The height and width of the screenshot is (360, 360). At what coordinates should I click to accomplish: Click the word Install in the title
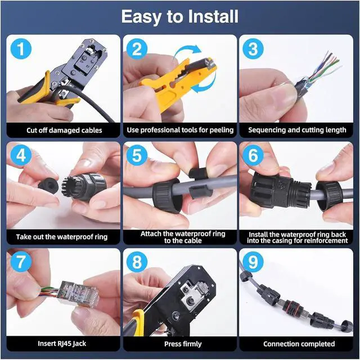coord(213,16)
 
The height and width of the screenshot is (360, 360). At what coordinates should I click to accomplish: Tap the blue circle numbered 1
coord(21,49)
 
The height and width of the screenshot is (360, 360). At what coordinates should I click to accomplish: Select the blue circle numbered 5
coord(137,155)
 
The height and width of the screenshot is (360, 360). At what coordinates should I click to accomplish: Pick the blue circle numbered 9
coord(253,262)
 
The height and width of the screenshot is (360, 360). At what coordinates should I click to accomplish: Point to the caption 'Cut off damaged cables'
coord(64,130)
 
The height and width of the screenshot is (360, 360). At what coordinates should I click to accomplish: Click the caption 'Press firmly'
coord(183,344)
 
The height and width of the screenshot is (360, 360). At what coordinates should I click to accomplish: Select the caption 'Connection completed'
coord(299,344)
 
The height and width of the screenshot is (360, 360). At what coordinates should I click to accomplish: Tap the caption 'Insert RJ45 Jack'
coord(62,344)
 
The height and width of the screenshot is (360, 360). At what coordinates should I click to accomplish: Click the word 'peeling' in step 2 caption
coord(221,130)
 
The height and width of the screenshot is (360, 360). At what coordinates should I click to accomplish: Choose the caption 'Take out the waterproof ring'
coord(62,237)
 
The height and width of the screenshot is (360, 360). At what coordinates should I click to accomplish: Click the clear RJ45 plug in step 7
coord(78,294)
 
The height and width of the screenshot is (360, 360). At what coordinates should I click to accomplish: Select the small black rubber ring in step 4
coord(47,184)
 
